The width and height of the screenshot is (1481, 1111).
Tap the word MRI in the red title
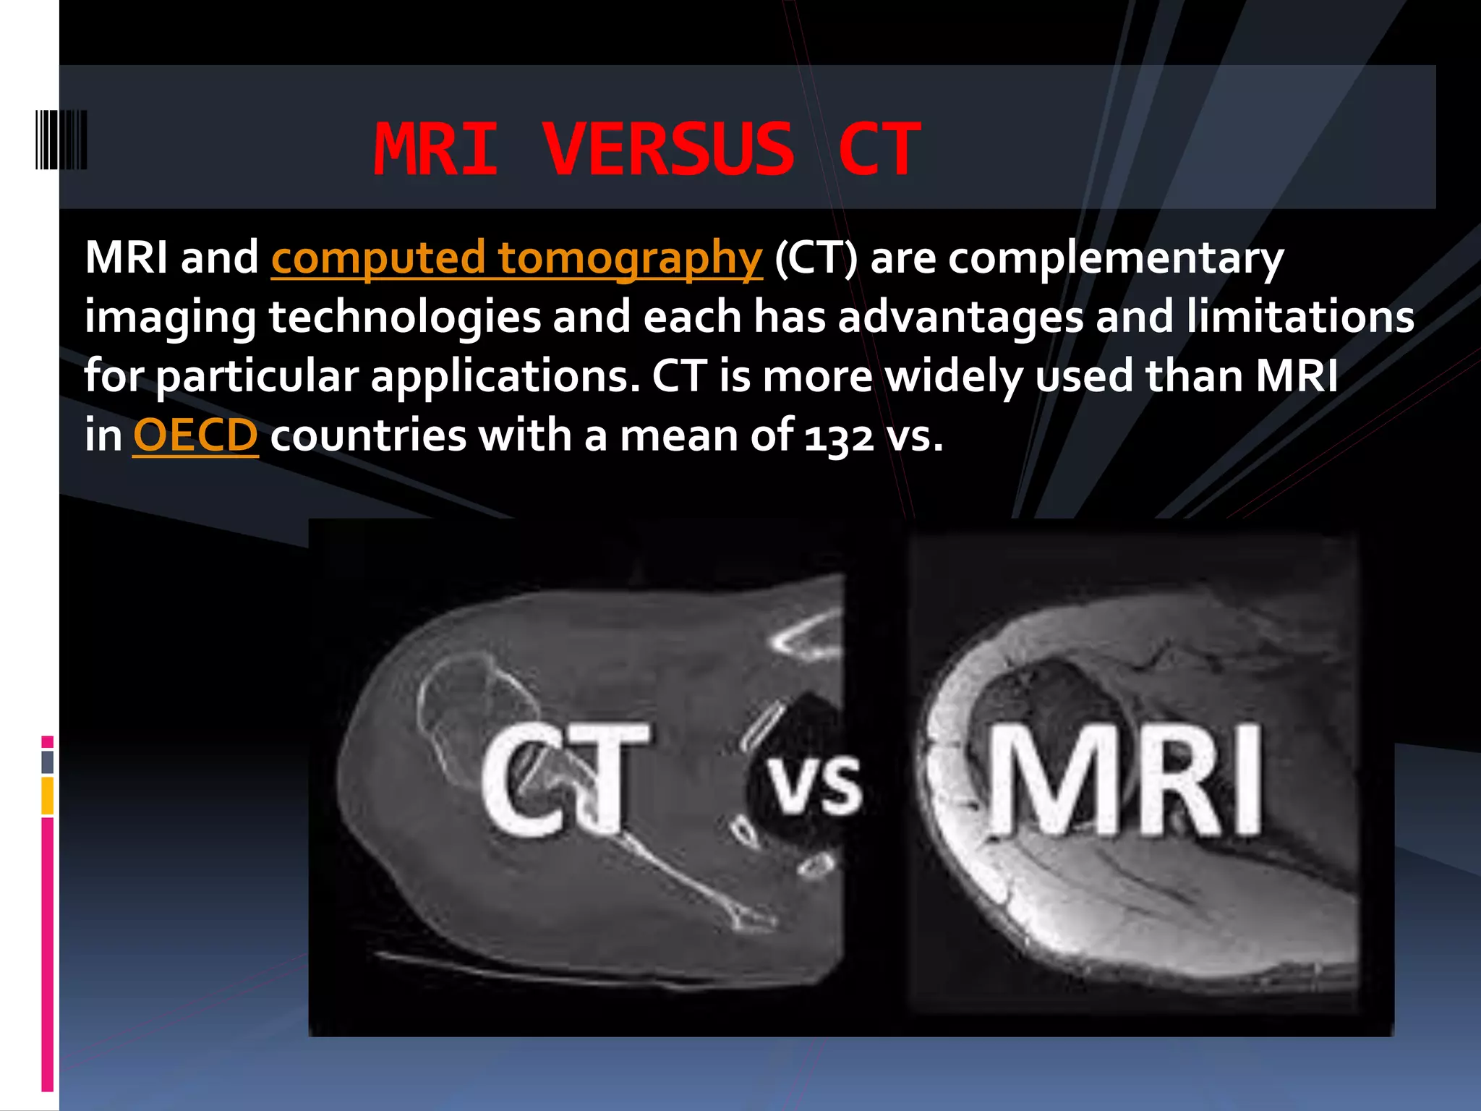(x=435, y=150)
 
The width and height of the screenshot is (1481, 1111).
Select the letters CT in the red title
(x=879, y=150)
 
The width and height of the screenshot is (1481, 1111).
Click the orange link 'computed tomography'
(x=516, y=257)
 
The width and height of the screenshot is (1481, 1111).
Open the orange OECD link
(x=195, y=435)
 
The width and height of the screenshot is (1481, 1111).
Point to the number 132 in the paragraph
(x=839, y=437)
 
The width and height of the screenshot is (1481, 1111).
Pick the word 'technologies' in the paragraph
(x=405, y=318)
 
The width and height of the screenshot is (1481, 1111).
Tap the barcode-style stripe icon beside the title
(x=61, y=140)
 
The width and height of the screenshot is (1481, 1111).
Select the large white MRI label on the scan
(x=1124, y=780)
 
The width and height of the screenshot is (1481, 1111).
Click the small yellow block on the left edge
(x=48, y=796)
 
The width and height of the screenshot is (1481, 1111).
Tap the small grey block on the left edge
(x=48, y=762)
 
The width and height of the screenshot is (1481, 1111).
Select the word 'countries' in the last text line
(x=368, y=436)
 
